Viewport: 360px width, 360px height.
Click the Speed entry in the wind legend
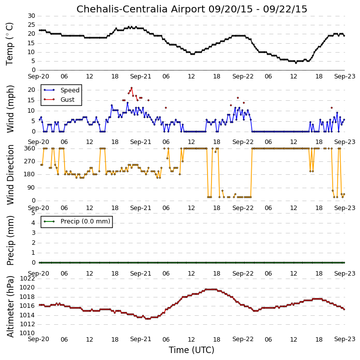click(70, 90)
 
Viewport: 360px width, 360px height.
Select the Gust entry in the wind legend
click(68, 100)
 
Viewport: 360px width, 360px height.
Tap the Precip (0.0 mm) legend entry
click(85, 221)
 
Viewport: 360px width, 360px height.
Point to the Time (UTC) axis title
click(192, 350)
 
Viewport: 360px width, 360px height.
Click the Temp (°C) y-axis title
click(9, 44)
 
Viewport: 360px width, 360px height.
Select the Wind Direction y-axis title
click(10, 175)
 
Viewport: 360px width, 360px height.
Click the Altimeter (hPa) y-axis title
click(10, 306)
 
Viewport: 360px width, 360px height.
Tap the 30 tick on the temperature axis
click(31, 16)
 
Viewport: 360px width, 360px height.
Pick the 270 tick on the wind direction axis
click(30, 161)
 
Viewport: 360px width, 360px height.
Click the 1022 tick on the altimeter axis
click(27, 279)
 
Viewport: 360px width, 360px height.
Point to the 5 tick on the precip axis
click(34, 213)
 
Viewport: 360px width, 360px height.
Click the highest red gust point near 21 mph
click(132, 88)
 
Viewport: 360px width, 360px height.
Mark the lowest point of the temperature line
click(296, 63)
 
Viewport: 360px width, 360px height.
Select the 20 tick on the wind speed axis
click(31, 90)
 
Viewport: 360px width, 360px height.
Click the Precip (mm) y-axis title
click(10, 241)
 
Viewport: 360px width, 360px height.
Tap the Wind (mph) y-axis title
click(10, 109)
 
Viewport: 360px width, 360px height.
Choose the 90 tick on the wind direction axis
click(31, 188)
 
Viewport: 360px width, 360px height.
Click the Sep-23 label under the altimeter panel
click(345, 339)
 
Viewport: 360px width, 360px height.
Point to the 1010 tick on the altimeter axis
click(27, 333)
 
